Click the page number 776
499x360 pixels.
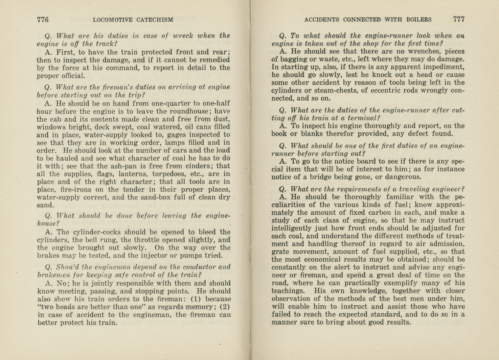pos(43,20)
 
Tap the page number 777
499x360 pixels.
pos(459,19)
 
